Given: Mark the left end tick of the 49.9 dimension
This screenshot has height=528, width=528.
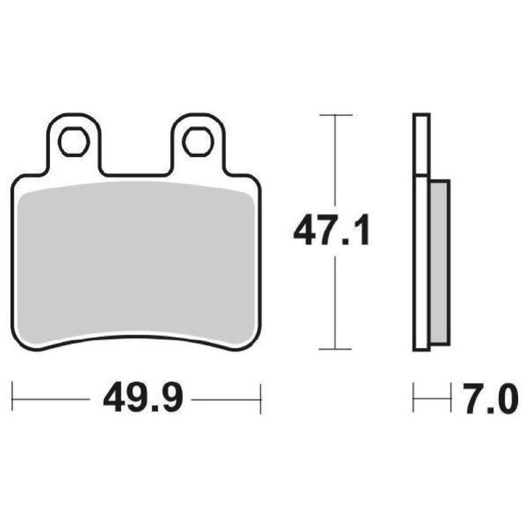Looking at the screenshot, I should pos(13,399).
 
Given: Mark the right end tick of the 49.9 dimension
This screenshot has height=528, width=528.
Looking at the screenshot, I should pos(261,399).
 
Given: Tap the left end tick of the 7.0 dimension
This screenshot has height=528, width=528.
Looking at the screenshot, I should pos(414,399).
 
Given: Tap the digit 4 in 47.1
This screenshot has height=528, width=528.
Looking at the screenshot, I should pos(306,232).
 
